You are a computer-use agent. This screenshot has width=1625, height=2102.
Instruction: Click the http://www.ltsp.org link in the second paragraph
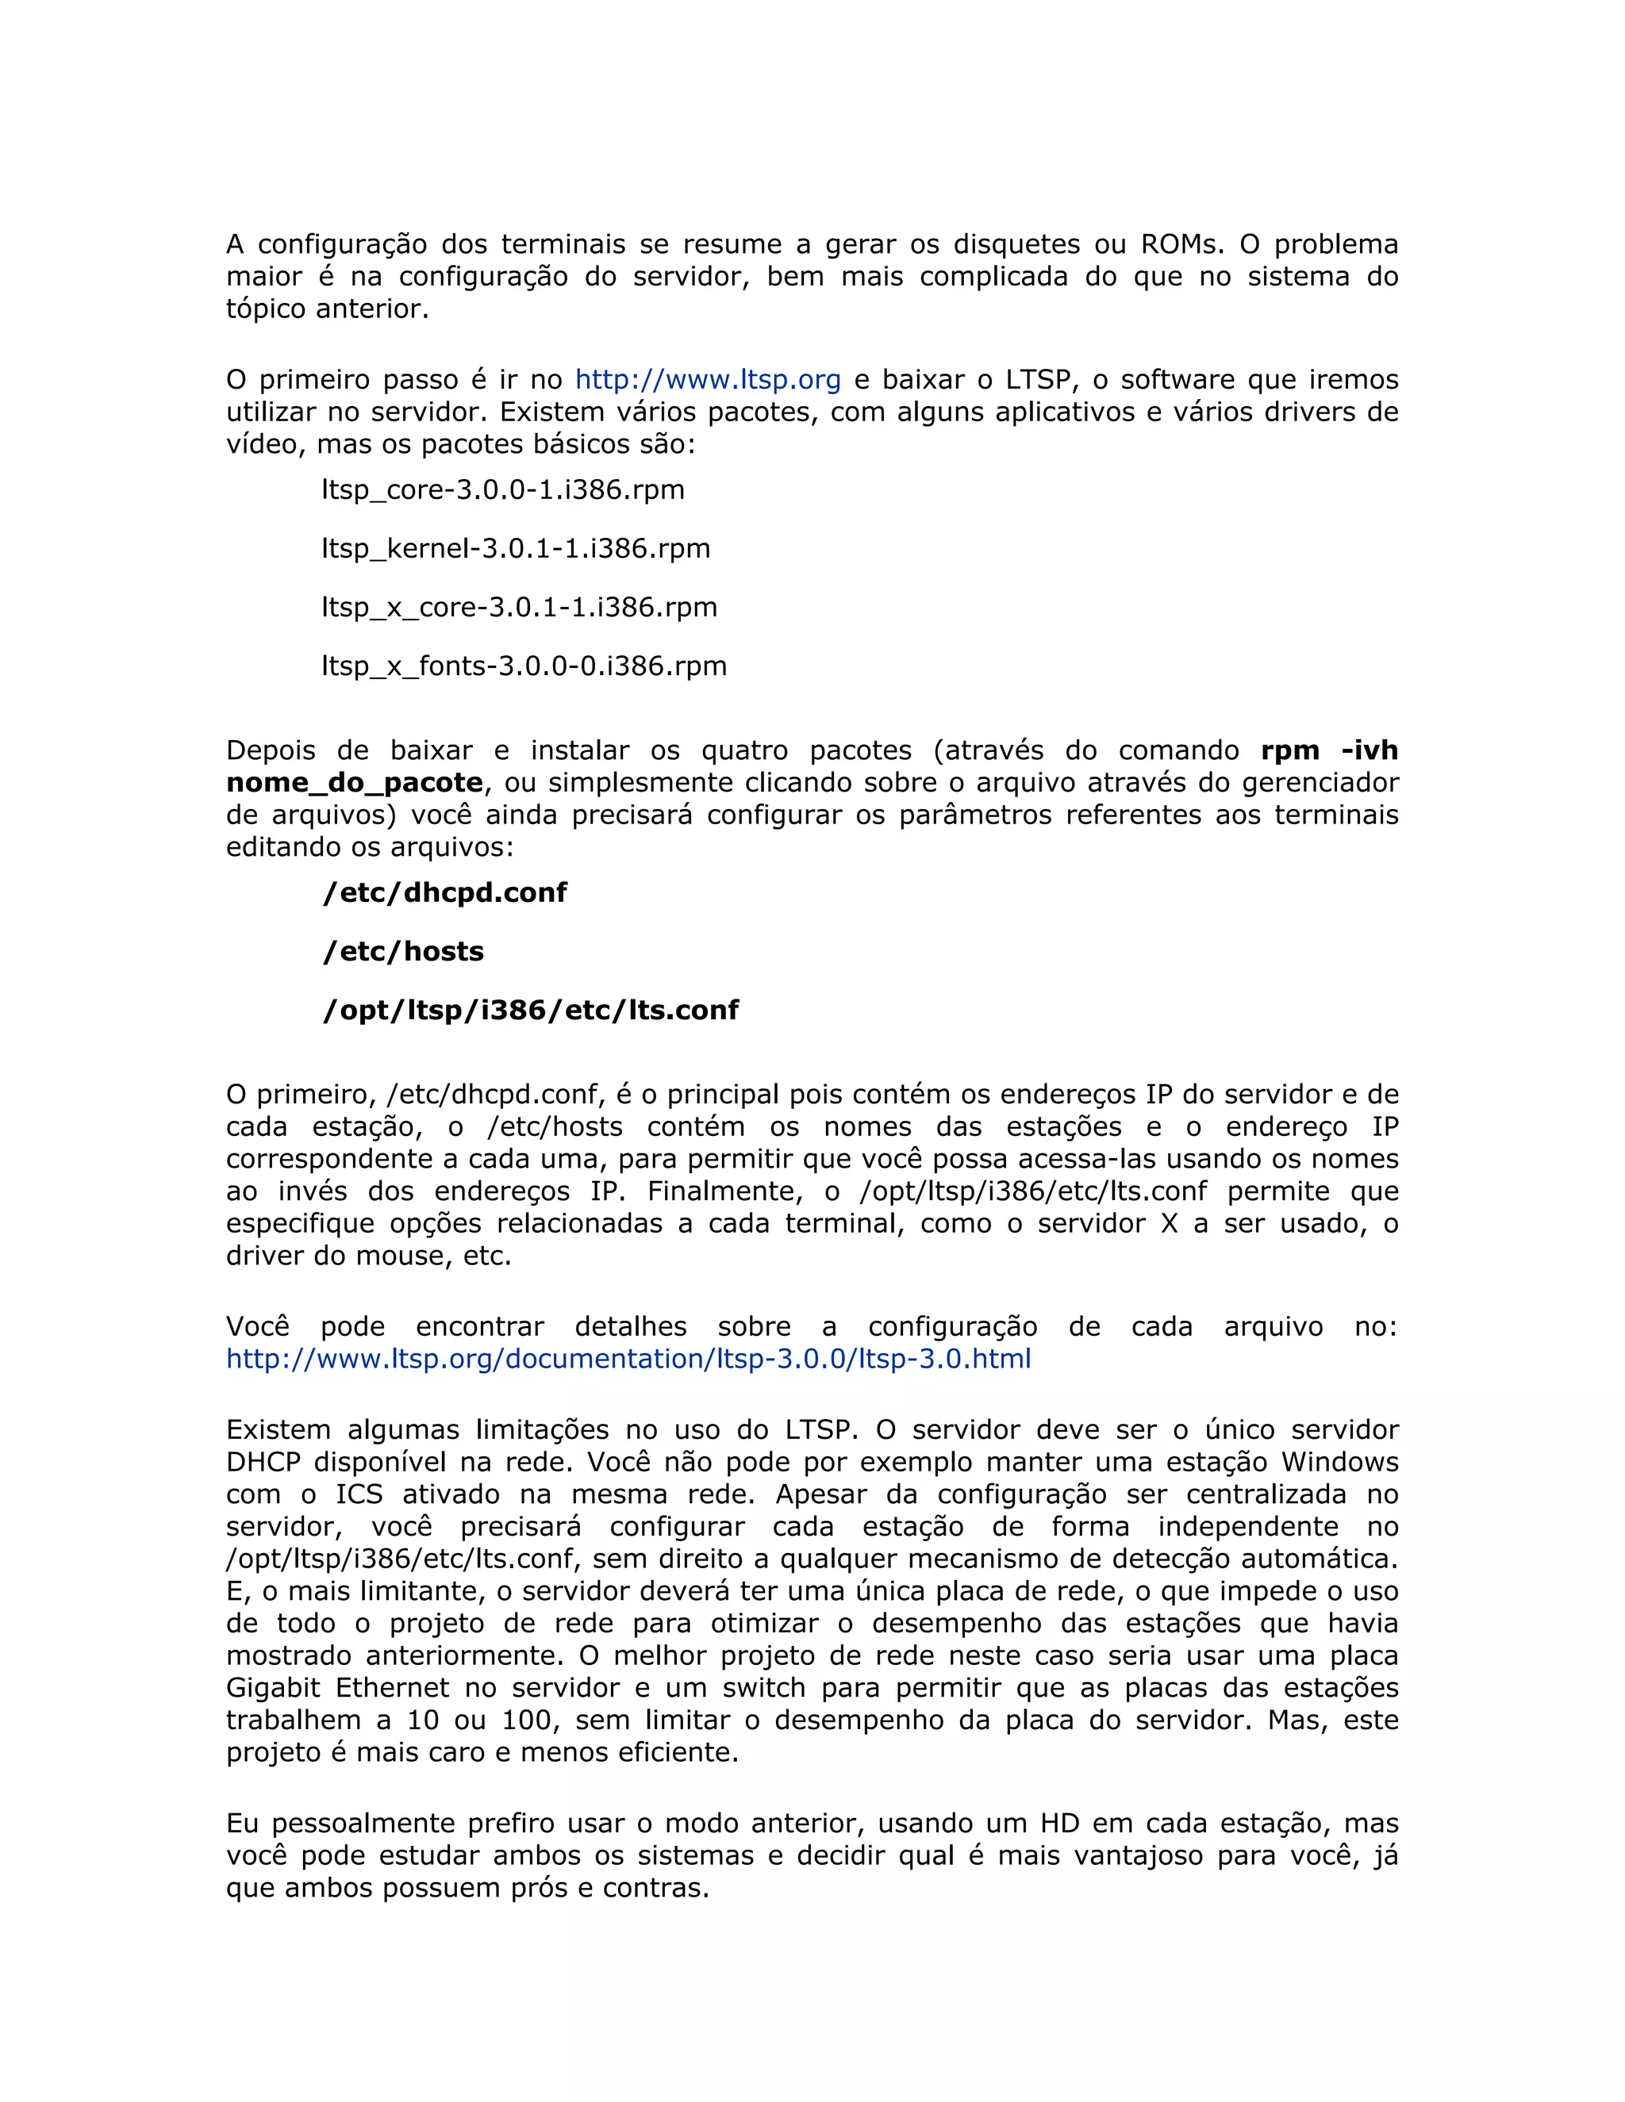[x=708, y=379]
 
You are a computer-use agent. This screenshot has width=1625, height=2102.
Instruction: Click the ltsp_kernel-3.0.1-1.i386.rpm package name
[x=515, y=549]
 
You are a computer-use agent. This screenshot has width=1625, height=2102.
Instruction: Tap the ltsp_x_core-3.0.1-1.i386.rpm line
[x=519, y=608]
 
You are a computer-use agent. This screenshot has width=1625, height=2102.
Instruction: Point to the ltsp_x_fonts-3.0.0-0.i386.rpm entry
[x=524, y=666]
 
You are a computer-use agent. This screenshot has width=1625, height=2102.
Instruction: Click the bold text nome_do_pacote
[x=354, y=782]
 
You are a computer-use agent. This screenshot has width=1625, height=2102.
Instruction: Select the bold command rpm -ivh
[x=1328, y=750]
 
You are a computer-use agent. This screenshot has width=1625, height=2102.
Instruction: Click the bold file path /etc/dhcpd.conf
[x=445, y=892]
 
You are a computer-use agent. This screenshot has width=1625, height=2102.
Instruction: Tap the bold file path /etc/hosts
[x=402, y=951]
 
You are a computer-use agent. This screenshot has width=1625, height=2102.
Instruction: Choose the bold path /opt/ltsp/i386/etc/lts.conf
[x=531, y=1010]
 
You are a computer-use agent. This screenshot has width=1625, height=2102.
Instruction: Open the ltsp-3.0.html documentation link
[x=628, y=1359]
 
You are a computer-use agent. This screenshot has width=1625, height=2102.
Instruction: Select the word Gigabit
[x=270, y=1687]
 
